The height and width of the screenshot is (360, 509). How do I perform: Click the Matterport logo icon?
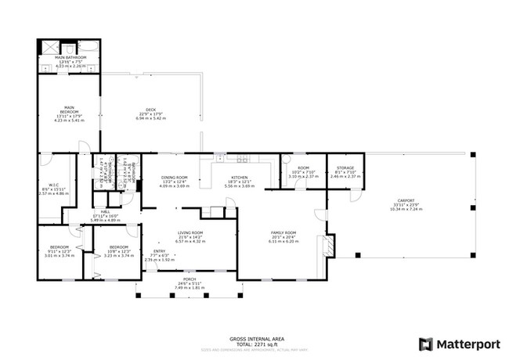[x=426, y=343]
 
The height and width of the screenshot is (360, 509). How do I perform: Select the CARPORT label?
[x=406, y=200]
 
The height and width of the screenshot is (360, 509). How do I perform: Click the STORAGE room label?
[x=345, y=168]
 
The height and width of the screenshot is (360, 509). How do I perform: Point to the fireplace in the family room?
[x=330, y=248]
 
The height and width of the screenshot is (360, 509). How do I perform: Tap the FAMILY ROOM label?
[x=283, y=233]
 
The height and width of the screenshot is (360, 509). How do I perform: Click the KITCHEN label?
[x=240, y=178]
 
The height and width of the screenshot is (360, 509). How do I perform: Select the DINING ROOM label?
[x=175, y=178]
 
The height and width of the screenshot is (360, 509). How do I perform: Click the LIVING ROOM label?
[x=190, y=233]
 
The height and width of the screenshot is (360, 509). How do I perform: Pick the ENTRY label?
[x=159, y=251]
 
